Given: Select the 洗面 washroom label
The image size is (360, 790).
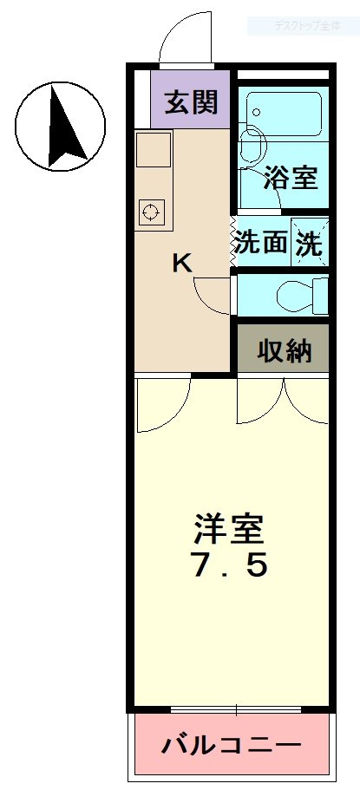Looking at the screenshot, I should (260, 243).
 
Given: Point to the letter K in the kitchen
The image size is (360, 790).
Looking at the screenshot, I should (181, 263).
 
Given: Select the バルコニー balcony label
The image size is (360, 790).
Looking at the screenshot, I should (232, 745).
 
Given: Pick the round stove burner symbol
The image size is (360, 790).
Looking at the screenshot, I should (151, 211).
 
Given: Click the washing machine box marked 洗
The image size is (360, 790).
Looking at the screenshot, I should (310, 243).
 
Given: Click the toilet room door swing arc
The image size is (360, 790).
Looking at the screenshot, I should (211, 296).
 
